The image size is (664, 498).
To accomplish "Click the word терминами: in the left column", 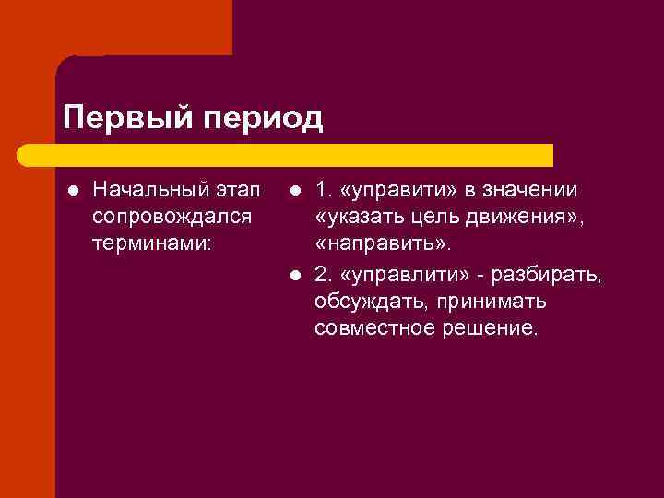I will [x=151, y=246].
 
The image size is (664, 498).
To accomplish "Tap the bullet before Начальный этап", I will [x=71, y=192].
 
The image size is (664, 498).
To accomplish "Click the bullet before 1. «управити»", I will [x=292, y=192].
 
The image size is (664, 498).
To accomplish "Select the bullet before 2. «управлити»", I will [x=292, y=275].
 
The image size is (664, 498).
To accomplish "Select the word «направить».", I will [x=383, y=246].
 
